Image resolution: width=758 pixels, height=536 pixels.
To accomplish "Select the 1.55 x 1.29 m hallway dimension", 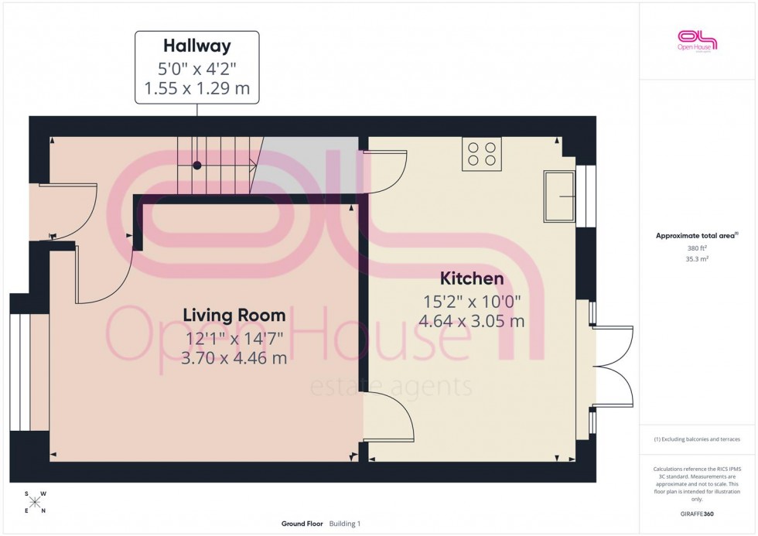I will (196, 89).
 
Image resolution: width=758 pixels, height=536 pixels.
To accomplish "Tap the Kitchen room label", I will (472, 278).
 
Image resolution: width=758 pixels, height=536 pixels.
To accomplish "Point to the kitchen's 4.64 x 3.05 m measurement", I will (472, 321).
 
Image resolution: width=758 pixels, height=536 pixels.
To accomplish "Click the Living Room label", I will (234, 316).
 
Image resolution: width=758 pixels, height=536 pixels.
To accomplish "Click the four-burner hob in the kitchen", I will (481, 153).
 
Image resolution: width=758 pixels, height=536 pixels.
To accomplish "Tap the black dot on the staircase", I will (197, 165).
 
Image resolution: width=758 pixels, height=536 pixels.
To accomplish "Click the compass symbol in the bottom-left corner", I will (36, 502).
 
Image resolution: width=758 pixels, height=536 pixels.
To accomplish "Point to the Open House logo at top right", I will (697, 40).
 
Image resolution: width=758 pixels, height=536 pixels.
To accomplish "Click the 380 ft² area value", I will (697, 248).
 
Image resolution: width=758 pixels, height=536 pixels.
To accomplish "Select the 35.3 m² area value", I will (697, 261).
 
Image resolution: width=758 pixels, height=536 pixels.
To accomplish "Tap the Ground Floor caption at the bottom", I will (302, 524).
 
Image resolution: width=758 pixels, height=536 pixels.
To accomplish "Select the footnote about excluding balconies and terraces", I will (697, 439).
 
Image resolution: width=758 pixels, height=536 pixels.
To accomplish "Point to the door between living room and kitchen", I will (387, 416).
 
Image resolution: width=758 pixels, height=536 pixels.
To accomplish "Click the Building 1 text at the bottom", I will (345, 524).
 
